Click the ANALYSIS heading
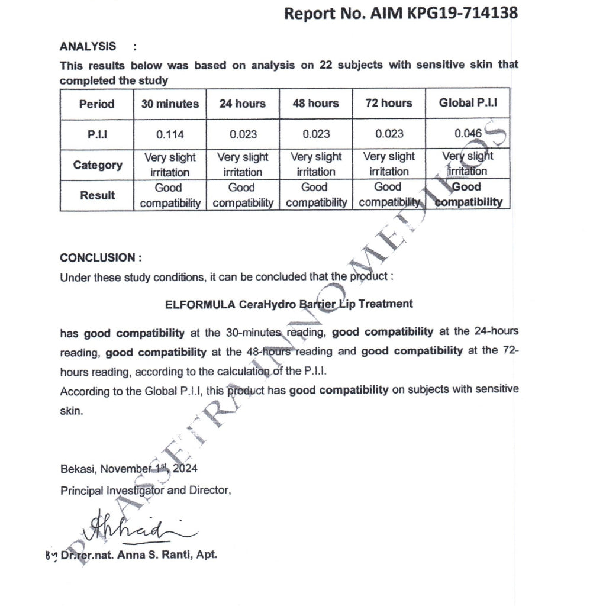(x=88, y=46)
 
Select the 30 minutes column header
(x=170, y=104)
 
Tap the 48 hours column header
(x=315, y=104)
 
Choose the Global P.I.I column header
(x=468, y=103)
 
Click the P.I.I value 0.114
(x=170, y=134)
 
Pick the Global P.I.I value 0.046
(x=468, y=134)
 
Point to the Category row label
(x=98, y=165)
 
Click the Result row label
(x=98, y=195)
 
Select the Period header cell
(x=97, y=104)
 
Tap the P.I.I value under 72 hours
(x=389, y=134)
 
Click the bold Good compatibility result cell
(x=468, y=195)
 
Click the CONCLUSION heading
(x=101, y=258)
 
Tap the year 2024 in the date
(x=186, y=469)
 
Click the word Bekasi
(x=78, y=469)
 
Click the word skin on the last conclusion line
(x=71, y=410)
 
